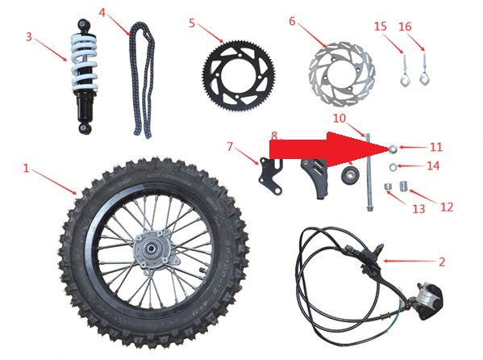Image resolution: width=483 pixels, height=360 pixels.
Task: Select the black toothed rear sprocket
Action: [239, 75]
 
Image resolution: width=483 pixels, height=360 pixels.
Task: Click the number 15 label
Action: [381, 26]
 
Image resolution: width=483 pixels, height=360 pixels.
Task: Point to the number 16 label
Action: [405, 27]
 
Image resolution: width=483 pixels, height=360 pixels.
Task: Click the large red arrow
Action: [328, 149]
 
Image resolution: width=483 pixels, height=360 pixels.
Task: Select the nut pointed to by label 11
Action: [393, 149]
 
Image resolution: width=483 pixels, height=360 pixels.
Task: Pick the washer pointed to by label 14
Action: [393, 167]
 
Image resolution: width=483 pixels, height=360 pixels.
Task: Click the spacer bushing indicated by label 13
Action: [388, 186]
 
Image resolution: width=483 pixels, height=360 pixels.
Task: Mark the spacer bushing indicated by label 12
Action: [403, 186]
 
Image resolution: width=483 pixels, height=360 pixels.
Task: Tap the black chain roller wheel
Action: [348, 175]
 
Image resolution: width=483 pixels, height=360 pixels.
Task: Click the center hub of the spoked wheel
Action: [152, 249]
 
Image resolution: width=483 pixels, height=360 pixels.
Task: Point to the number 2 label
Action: [442, 262]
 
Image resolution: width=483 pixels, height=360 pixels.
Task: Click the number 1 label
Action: [27, 168]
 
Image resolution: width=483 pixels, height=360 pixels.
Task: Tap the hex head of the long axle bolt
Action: [369, 208]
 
